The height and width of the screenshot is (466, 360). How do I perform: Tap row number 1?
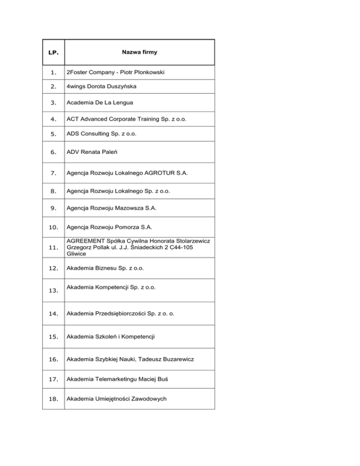click(x=53, y=73)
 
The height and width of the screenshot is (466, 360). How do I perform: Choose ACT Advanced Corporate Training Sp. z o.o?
click(x=127, y=119)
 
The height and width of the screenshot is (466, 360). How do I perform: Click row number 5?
click(x=53, y=135)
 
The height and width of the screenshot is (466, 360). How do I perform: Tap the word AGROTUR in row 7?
click(x=158, y=173)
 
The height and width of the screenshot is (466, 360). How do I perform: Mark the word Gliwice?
click(x=77, y=253)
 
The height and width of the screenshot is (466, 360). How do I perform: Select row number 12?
click(x=53, y=269)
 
